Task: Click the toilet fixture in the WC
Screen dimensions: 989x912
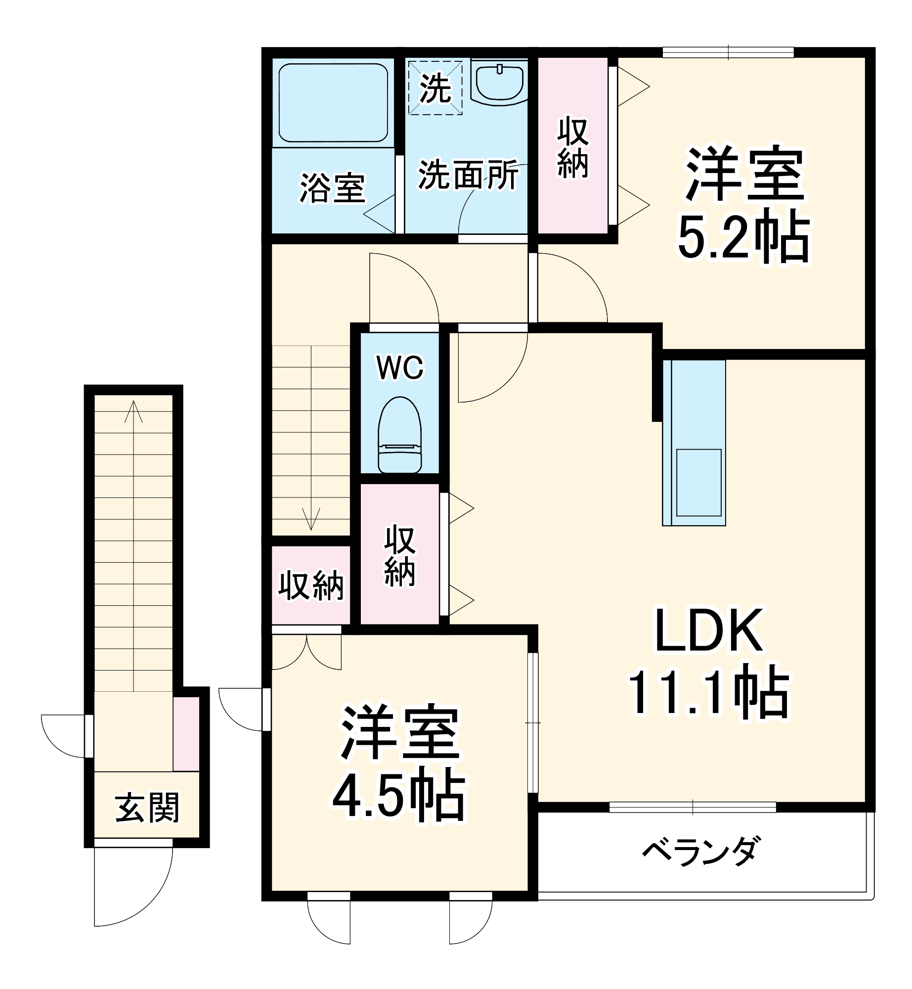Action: (399, 435)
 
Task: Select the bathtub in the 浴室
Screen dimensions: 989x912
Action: (333, 103)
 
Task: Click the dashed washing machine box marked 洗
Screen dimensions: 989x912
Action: (435, 88)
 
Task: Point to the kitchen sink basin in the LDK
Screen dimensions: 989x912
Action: (698, 482)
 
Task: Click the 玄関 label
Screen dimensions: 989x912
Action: (147, 808)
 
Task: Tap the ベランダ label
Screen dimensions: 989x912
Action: (699, 851)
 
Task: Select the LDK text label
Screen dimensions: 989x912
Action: (709, 631)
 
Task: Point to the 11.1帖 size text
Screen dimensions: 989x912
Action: (709, 692)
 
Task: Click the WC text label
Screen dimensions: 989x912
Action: (400, 367)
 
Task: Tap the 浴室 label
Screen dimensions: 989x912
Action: (332, 188)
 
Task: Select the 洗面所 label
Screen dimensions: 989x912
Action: (468, 175)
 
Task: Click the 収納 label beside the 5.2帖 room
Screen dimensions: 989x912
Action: (572, 147)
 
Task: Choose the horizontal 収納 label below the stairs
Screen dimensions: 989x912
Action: (311, 585)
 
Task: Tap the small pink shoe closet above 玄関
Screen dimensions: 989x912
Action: (186, 733)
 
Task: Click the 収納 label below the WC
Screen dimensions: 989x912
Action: (399, 556)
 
